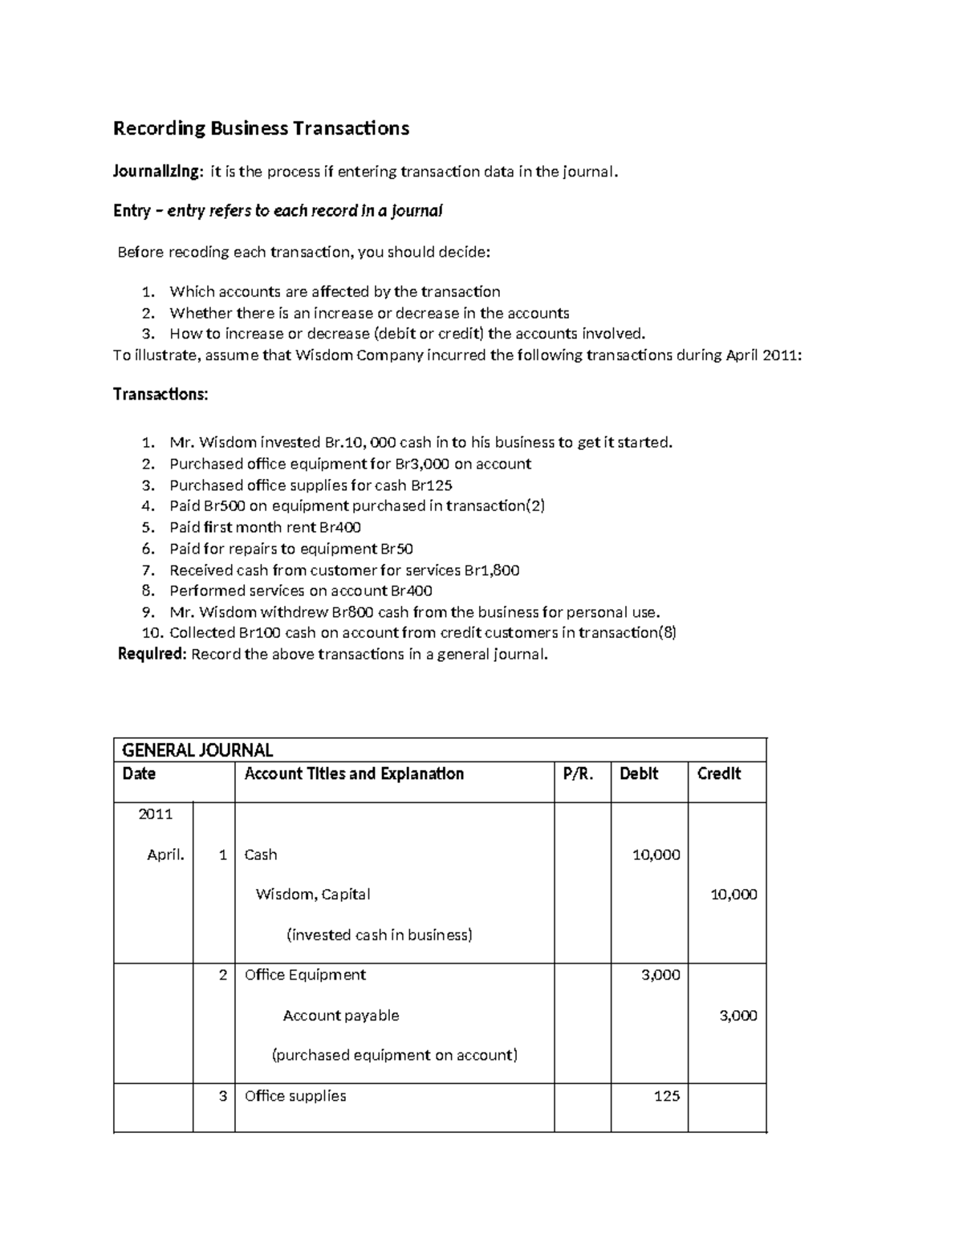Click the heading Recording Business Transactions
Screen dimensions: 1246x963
click(261, 128)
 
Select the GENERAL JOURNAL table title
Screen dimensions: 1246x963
click(197, 750)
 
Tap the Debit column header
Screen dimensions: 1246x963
click(639, 774)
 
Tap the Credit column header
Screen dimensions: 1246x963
click(718, 774)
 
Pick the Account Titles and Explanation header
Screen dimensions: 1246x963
click(354, 774)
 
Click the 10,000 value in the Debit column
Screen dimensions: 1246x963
click(656, 855)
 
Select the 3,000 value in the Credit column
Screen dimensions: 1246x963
click(737, 1016)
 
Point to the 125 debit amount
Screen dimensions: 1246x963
click(666, 1096)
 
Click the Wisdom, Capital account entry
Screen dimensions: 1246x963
click(312, 895)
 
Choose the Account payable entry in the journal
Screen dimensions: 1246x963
click(340, 1016)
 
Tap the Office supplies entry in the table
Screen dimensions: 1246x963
click(295, 1096)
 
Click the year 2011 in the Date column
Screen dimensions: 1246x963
click(156, 814)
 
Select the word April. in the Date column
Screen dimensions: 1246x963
click(165, 855)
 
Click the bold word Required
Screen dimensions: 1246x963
click(152, 654)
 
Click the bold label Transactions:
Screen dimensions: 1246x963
click(160, 395)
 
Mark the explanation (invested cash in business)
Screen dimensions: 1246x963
click(379, 936)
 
